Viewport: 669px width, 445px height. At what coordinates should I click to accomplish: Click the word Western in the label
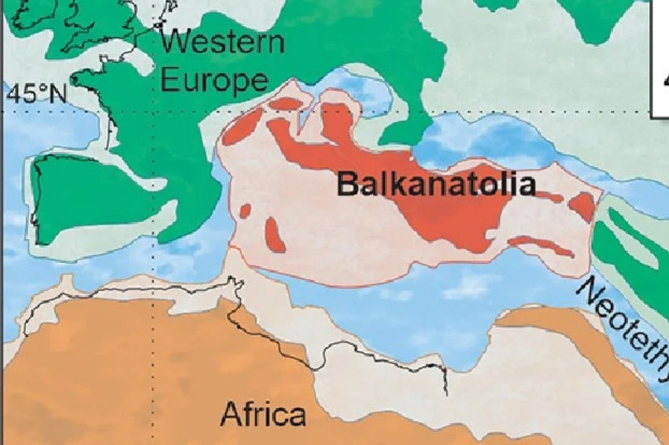[222, 41]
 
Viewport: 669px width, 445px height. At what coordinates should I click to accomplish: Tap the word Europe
[213, 80]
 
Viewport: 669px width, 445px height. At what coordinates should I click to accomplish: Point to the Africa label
[263, 413]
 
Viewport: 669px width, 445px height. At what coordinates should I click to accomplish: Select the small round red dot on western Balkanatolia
[245, 211]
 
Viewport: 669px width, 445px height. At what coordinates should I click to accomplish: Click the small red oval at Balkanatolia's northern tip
[285, 103]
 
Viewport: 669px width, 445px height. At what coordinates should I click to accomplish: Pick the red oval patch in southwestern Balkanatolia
[275, 235]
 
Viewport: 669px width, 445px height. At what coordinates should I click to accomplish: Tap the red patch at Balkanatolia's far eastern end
[582, 206]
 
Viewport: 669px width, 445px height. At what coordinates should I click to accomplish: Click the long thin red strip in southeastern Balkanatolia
[541, 245]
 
